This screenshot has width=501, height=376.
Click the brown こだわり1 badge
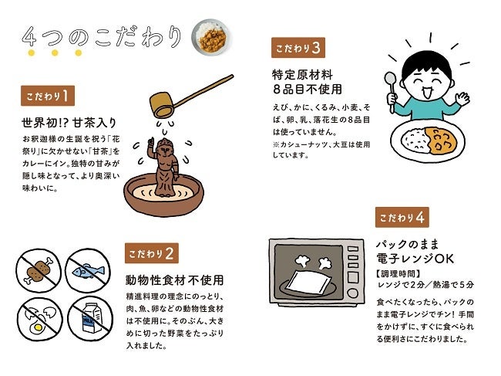pyautogui.click(x=48, y=96)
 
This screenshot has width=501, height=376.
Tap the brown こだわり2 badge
pyautogui.click(x=151, y=253)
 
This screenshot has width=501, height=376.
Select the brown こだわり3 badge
pyautogui.click(x=298, y=48)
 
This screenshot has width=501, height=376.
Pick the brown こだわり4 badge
pyautogui.click(x=402, y=217)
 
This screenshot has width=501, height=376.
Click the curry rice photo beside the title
pyautogui.click(x=210, y=37)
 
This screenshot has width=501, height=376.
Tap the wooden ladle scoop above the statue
pyautogui.click(x=161, y=105)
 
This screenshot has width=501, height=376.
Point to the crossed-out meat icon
pyautogui.click(x=39, y=270)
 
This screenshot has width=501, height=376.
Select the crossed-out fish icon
pyautogui.click(x=88, y=271)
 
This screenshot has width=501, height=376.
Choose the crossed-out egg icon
pyautogui.click(x=39, y=319)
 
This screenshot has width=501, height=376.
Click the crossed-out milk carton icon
pyautogui.click(x=90, y=318)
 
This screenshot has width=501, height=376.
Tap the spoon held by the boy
pyautogui.click(x=391, y=92)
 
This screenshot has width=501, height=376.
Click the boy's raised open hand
pyautogui.click(x=462, y=98)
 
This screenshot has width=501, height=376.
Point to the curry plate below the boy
pyautogui.click(x=428, y=141)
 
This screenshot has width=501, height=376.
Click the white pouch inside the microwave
pyautogui.click(x=308, y=282)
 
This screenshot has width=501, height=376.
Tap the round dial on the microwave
pyautogui.click(x=353, y=293)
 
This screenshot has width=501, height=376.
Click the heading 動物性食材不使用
pyautogui.click(x=175, y=280)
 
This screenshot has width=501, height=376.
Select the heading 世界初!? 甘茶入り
pyautogui.click(x=69, y=123)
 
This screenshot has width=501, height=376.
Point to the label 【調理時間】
pyautogui.click(x=398, y=273)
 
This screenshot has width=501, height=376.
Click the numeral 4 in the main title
pyautogui.click(x=29, y=36)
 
